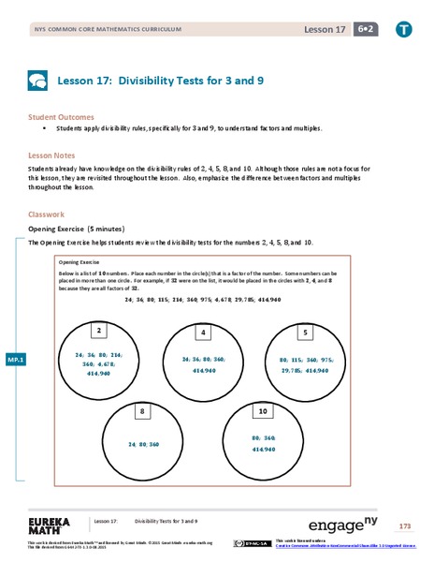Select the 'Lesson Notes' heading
(x=52, y=150)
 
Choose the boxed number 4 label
(x=203, y=332)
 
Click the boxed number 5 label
(x=304, y=332)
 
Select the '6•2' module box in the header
(x=359, y=30)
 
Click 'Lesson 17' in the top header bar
(x=321, y=30)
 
